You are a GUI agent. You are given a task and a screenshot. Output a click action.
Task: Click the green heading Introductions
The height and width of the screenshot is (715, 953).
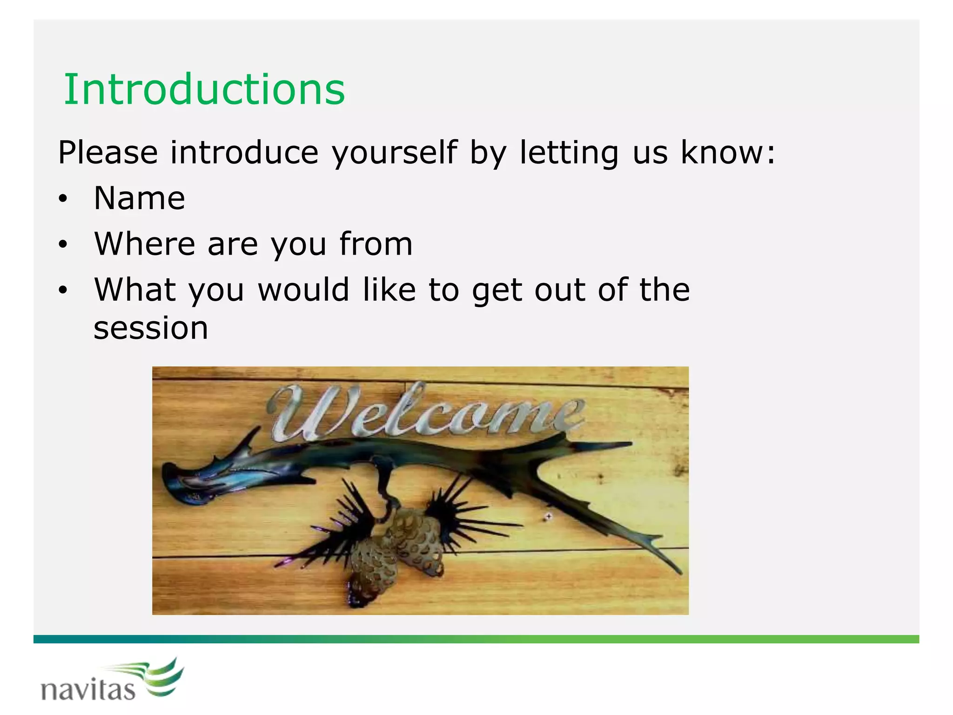tap(204, 89)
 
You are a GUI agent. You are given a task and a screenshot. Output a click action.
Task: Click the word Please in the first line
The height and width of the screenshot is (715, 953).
tap(107, 153)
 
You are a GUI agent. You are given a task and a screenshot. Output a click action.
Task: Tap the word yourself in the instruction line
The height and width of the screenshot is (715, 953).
tap(394, 153)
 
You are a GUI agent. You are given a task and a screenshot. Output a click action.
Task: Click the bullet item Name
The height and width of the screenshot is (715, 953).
tap(139, 198)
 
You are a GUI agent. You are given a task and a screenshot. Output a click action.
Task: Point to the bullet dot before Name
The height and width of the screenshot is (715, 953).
tap(63, 199)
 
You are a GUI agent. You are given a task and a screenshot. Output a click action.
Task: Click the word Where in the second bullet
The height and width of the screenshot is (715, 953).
tap(144, 243)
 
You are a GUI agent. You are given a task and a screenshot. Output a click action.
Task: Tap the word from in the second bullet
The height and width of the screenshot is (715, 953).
tap(376, 243)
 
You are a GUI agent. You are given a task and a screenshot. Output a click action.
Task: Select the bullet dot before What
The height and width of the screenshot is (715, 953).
tap(63, 290)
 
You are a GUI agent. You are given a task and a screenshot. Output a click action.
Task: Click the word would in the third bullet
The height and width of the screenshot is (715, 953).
tap(303, 290)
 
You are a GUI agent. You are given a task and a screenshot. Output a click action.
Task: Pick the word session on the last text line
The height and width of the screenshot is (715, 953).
tap(151, 328)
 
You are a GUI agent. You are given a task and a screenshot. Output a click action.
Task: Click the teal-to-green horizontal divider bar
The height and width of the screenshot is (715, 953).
tap(476, 639)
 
